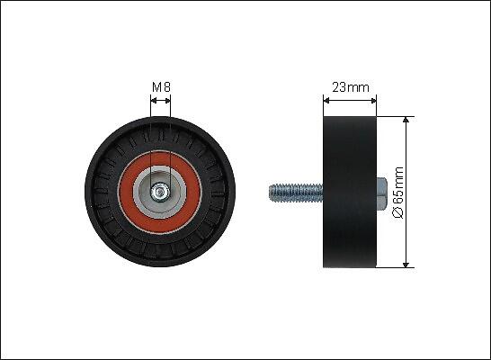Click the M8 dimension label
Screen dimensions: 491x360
(x=161, y=87)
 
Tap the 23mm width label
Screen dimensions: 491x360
(x=351, y=87)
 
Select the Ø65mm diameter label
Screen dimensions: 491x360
(x=398, y=193)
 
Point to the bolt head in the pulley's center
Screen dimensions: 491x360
(x=160, y=192)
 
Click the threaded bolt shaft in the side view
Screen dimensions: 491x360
(x=296, y=193)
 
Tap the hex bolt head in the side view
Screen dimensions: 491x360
(x=381, y=193)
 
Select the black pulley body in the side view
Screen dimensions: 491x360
(x=350, y=192)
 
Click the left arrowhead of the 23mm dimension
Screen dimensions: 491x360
(x=326, y=101)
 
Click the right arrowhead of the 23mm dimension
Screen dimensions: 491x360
(x=373, y=101)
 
